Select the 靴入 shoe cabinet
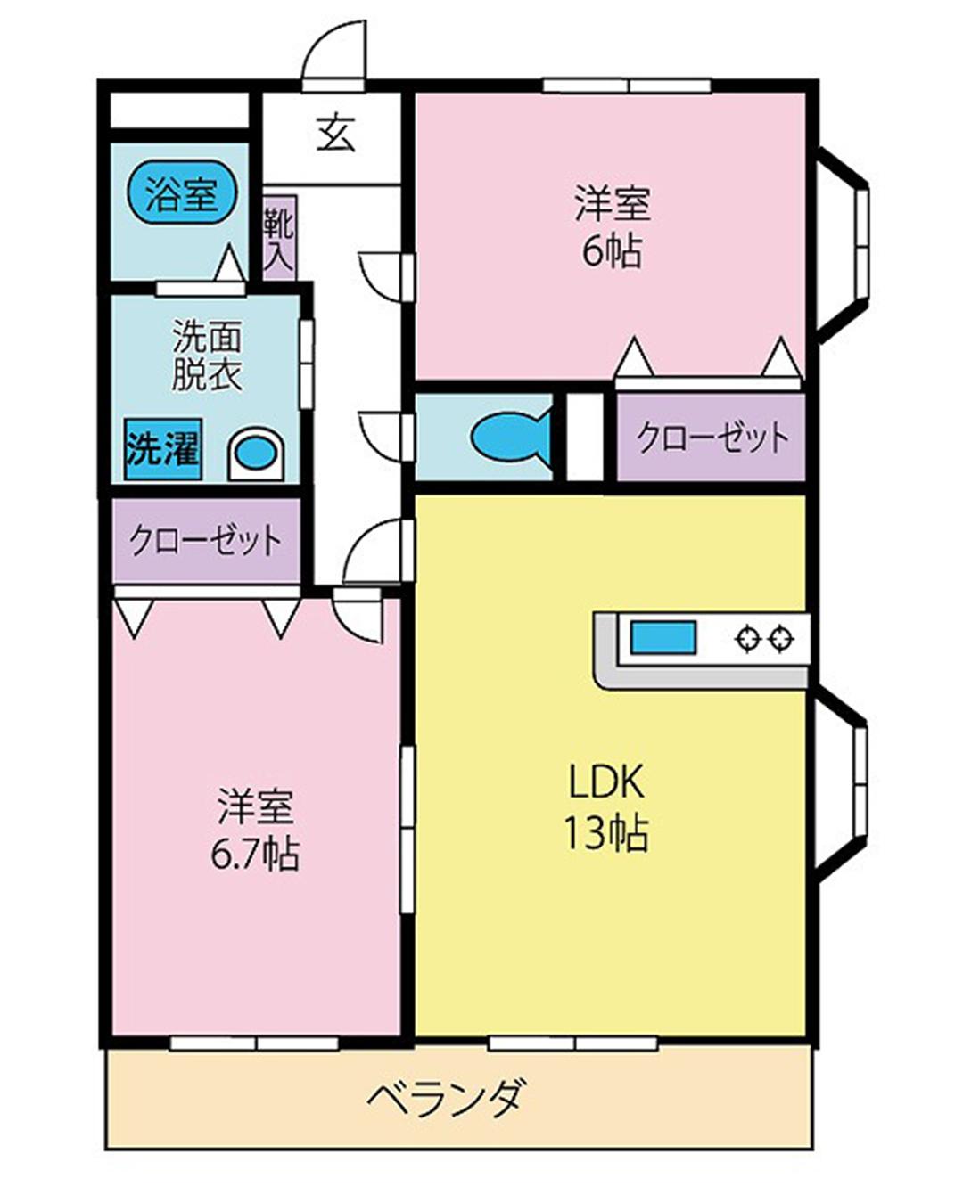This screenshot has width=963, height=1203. click(x=279, y=238)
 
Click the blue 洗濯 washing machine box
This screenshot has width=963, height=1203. click(x=162, y=449)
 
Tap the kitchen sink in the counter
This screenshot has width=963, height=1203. click(x=663, y=639)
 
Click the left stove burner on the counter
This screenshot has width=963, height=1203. click(x=747, y=639)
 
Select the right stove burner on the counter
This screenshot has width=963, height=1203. click(x=782, y=639)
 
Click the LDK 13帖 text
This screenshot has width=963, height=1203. click(x=605, y=807)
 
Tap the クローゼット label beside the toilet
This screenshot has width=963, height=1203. click(x=712, y=437)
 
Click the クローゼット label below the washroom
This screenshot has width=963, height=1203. click(x=206, y=540)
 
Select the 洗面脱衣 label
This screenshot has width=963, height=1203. click(x=206, y=357)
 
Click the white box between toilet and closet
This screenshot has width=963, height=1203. click(x=585, y=436)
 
